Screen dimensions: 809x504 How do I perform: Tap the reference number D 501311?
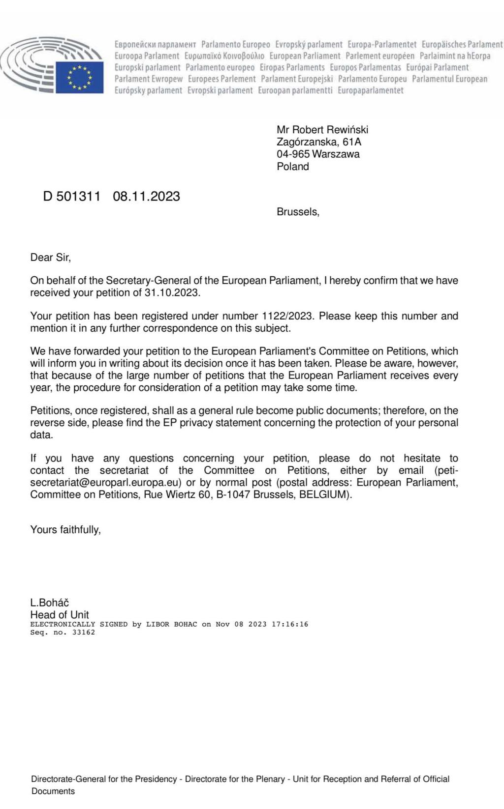coord(72,197)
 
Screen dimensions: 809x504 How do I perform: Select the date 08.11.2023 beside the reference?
coord(146,197)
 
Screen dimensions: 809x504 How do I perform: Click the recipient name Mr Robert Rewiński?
coord(322,130)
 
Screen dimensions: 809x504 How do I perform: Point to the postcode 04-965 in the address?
coord(293,154)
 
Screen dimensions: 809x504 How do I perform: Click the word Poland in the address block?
coord(293,167)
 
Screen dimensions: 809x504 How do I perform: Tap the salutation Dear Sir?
coord(51,258)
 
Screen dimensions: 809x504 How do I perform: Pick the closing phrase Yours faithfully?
coord(65,530)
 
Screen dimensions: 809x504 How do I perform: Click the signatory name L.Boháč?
coord(50,603)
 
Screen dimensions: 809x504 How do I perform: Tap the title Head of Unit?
coord(60,615)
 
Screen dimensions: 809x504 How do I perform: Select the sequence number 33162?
coord(84,633)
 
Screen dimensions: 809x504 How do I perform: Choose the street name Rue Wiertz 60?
coord(177,495)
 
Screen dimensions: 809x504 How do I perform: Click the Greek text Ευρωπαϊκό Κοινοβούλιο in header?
coord(224,56)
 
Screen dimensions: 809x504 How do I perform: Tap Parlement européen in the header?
coord(380,56)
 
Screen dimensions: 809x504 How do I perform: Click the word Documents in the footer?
coord(53,791)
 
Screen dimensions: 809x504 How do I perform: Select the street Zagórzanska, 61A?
coord(319,142)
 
